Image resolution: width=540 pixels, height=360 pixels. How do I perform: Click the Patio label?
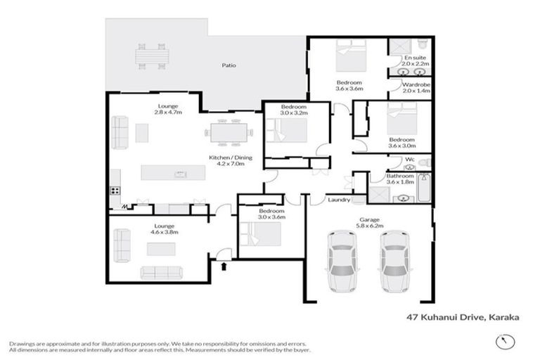tap(229, 65)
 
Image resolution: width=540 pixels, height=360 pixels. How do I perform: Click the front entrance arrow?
tap(224, 266)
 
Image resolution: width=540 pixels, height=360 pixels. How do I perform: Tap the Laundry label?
tap(339, 200)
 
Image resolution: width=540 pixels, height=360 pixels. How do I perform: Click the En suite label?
tap(416, 58)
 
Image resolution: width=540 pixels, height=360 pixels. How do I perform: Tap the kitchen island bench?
tap(176, 173)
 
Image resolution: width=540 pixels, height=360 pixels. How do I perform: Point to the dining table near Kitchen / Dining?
tap(228, 131)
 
